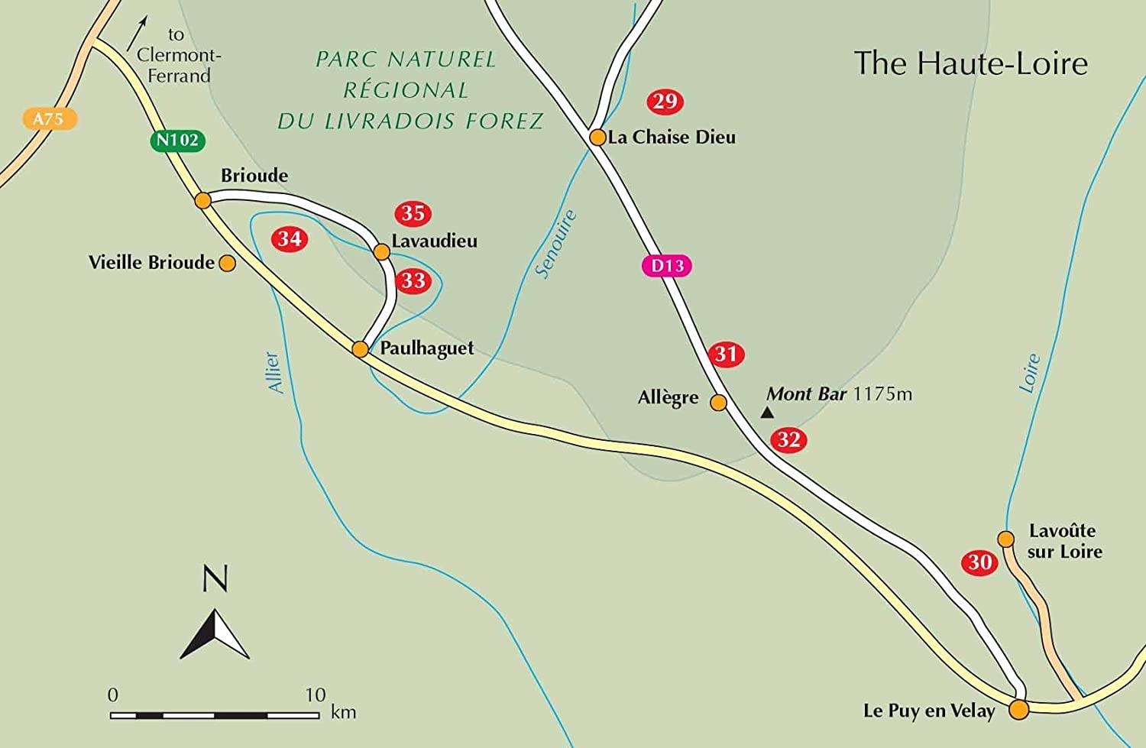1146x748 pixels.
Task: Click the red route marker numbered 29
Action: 665,102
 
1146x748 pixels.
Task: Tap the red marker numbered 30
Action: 979,563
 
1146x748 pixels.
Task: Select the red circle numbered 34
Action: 290,239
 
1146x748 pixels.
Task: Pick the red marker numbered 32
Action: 788,440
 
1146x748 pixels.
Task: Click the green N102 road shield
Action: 177,141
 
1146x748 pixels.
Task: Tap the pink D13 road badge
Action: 667,266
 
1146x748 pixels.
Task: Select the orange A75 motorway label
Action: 49,118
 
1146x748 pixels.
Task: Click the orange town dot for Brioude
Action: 203,200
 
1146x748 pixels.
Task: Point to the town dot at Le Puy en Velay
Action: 1018,710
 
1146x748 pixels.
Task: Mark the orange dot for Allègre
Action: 719,403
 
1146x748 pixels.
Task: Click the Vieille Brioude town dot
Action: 227,264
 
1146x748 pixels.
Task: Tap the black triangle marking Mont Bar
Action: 767,413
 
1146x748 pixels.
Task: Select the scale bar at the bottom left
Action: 215,715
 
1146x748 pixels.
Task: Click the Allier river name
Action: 274,372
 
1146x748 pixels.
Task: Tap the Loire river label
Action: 1030,373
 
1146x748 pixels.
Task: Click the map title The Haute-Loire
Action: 970,63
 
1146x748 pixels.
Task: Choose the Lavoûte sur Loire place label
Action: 1064,541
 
